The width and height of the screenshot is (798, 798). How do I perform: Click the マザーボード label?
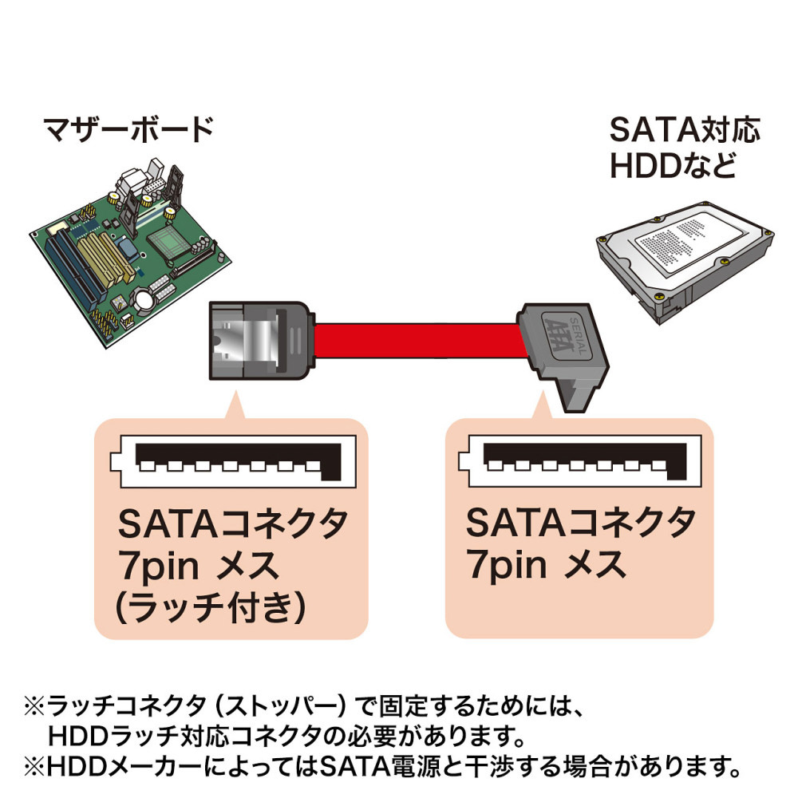point(128,128)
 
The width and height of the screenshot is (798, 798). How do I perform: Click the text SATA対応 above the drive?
point(685,129)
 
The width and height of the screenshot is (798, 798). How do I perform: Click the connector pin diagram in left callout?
point(231,463)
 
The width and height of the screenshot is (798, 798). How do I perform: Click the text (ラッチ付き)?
point(209,610)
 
